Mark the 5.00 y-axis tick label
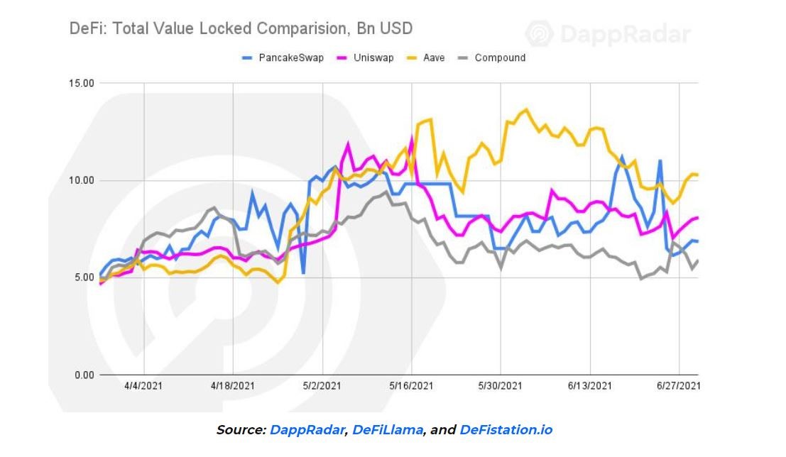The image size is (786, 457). tap(82, 277)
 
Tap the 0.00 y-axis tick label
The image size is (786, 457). tap(82, 375)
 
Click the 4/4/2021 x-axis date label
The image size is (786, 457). tap(144, 386)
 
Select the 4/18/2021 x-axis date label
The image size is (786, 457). tap(233, 386)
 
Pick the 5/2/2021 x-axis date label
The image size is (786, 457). tap(322, 386)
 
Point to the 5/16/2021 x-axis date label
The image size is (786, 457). tap(411, 386)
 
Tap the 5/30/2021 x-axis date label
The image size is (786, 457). tap(501, 386)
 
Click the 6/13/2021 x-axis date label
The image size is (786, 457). tap(589, 386)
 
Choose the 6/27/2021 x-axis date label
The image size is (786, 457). tap(679, 386)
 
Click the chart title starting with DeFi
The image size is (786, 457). tap(241, 29)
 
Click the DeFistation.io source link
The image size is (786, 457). tap(506, 430)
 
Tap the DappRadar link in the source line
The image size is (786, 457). tap(307, 430)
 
